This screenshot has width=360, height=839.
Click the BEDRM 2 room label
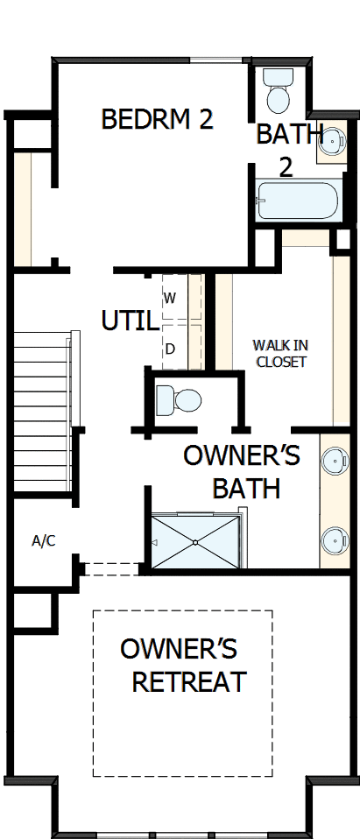tap(158, 120)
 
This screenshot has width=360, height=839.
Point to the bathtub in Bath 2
tap(297, 201)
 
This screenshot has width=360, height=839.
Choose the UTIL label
tap(130, 321)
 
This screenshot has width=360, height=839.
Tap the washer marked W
tap(172, 299)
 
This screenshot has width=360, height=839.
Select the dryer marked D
tap(172, 349)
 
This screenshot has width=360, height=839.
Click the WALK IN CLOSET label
tap(280, 352)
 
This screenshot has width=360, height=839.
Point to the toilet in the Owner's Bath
tap(180, 401)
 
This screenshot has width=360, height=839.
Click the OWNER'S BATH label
tap(242, 471)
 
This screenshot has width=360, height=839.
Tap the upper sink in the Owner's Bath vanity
tap(334, 459)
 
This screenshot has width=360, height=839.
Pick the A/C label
tap(44, 540)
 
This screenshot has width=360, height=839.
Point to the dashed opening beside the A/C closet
tap(112, 568)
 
